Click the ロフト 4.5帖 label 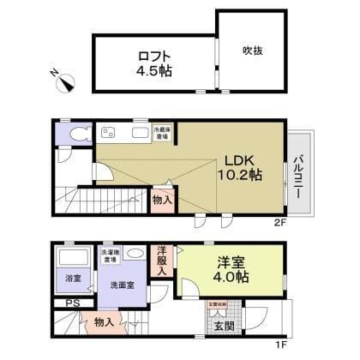coord(154,64)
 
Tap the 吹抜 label coord(252,51)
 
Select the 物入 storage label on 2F coord(161,199)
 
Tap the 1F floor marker coord(279,345)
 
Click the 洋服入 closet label coord(161,260)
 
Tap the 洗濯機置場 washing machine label coord(111,253)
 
